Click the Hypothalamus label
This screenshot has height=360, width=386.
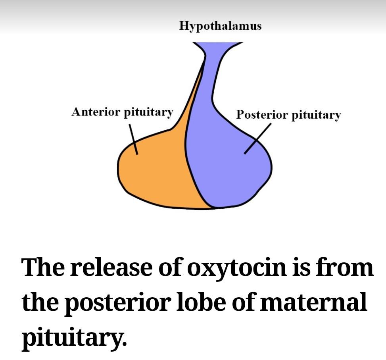pyautogui.click(x=220, y=26)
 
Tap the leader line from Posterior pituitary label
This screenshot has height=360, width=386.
pyautogui.click(x=257, y=139)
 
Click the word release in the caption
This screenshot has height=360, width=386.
pyautogui.click(x=111, y=268)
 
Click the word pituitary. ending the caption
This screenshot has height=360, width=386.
pyautogui.click(x=74, y=338)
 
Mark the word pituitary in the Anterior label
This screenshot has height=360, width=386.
pyautogui.click(x=148, y=112)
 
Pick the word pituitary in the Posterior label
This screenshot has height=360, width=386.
pyautogui.click(x=316, y=115)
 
